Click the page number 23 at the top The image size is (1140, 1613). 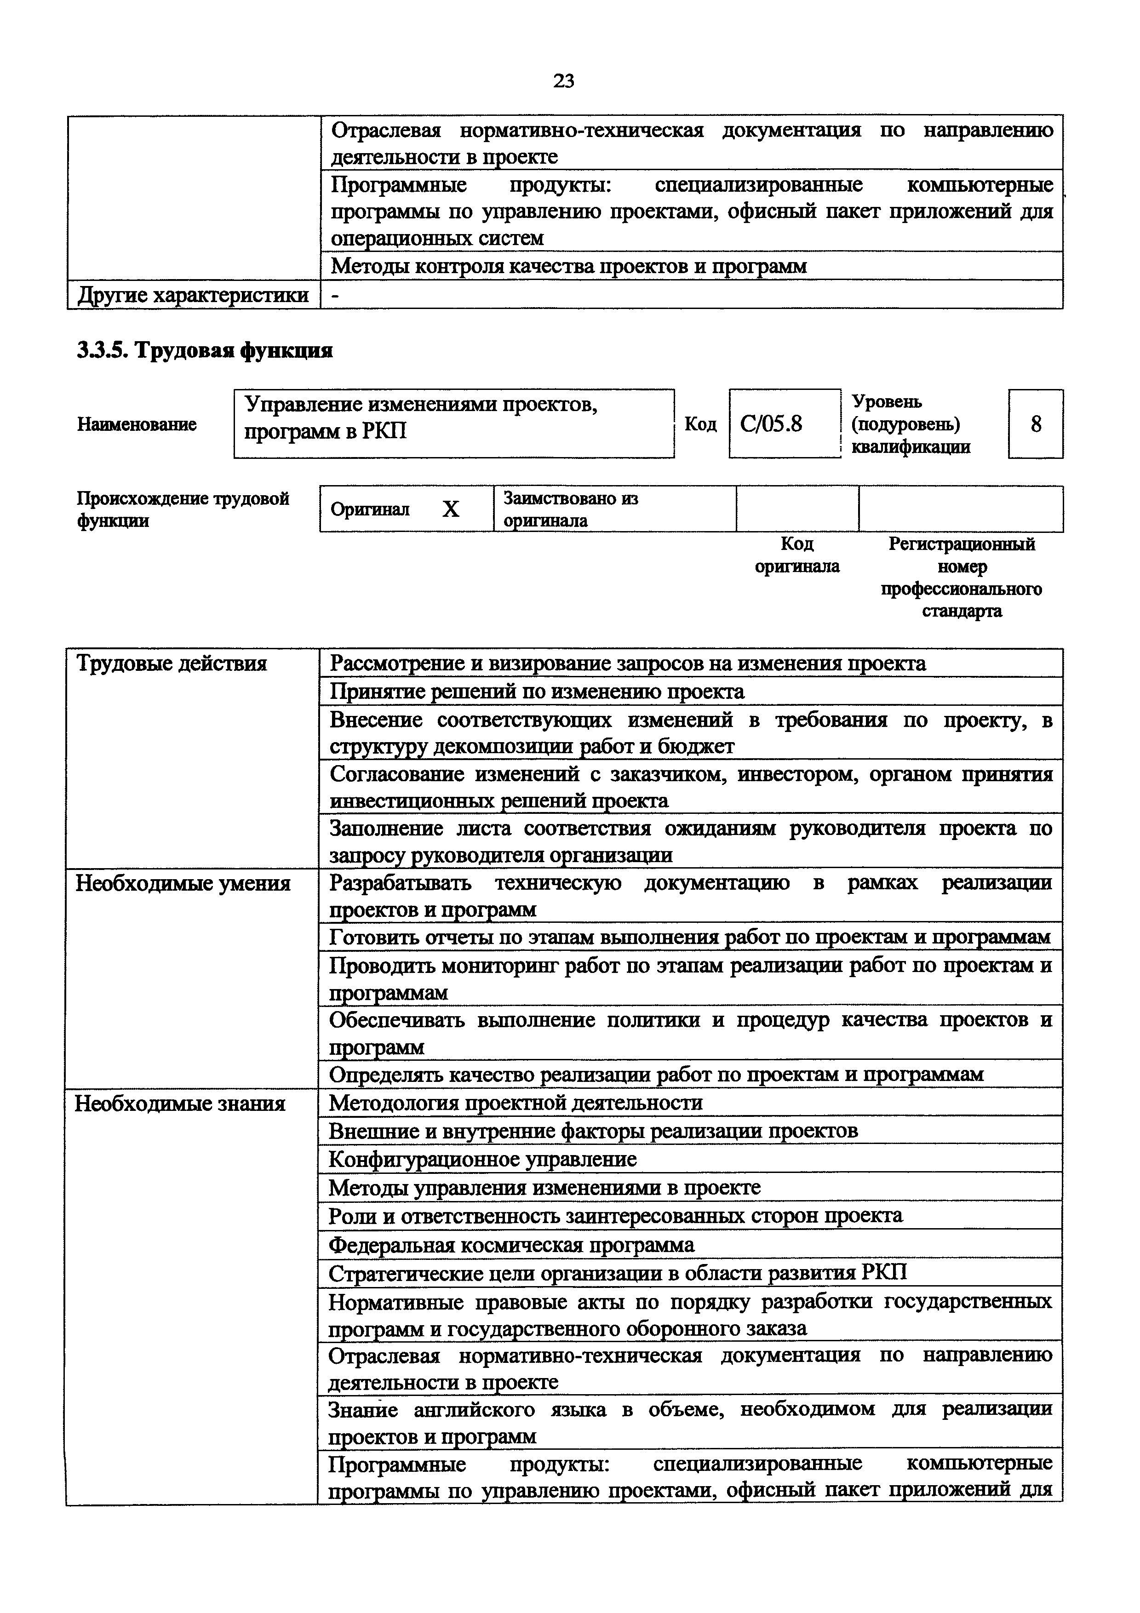pyautogui.click(x=563, y=81)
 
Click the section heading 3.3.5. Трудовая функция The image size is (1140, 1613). pyautogui.click(x=204, y=350)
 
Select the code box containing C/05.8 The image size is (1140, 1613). pyautogui.click(x=784, y=423)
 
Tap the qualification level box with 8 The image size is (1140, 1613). pyautogui.click(x=1035, y=423)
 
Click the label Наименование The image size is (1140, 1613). pyautogui.click(x=137, y=424)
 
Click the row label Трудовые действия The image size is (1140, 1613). pyautogui.click(x=172, y=663)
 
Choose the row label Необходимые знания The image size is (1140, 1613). pyautogui.click(x=180, y=1104)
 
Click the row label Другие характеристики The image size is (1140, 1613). pyautogui.click(x=193, y=295)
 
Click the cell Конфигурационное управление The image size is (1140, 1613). pyautogui.click(x=482, y=1159)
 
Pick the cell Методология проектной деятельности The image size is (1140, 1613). pyautogui.click(x=516, y=1103)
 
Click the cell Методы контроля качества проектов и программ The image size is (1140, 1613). pyautogui.click(x=568, y=266)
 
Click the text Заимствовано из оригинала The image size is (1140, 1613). pyautogui.click(x=570, y=509)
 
